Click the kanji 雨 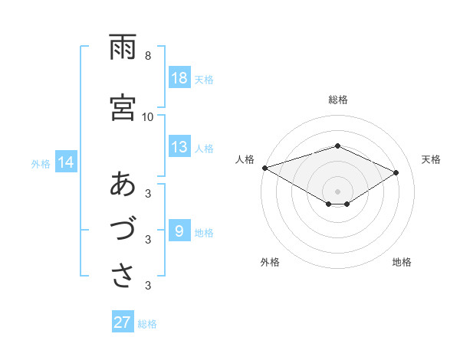123,47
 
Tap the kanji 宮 123,107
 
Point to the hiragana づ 123,231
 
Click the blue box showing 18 179,78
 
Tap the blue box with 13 179,147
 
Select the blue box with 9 179,231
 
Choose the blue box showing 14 65,162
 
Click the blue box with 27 123,322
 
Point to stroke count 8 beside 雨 148,56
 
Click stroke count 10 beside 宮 148,116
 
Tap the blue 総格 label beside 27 147,323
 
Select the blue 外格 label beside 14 41,163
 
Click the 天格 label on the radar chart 431,159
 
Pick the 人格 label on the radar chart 245,159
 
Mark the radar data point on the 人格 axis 264,167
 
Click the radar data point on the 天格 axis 396,172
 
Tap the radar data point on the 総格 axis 337,146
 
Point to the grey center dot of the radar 337,190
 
